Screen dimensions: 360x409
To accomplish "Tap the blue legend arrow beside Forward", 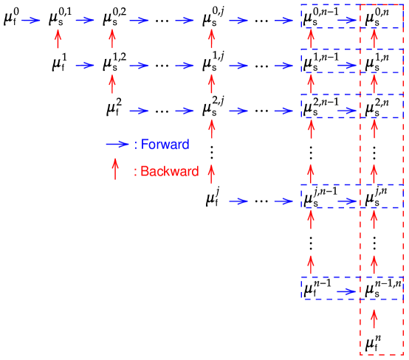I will [x=117, y=145].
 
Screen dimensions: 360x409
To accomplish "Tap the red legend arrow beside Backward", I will [x=115, y=169].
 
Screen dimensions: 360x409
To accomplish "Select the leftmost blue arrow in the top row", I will [x=31, y=21].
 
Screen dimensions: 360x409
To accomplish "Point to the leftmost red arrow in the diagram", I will [x=58, y=38].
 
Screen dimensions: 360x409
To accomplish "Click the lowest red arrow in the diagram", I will [x=374, y=318].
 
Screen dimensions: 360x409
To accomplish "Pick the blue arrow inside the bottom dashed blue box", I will [x=347, y=292].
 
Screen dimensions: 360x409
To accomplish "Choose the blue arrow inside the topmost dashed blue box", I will [x=347, y=21].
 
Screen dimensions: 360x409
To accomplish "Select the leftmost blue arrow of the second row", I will [x=85, y=66].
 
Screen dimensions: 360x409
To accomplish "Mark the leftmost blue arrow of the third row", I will [x=140, y=111].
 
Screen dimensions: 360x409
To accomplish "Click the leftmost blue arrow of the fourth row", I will [x=238, y=201].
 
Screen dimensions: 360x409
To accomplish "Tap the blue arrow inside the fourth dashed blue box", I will [x=347, y=201].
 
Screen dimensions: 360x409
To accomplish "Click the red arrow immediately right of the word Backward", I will [x=211, y=174].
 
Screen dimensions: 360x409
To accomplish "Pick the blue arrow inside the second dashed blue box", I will [x=347, y=66].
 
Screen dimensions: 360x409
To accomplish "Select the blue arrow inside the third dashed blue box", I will [x=347, y=111].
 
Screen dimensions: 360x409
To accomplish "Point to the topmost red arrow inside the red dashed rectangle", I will [x=374, y=38].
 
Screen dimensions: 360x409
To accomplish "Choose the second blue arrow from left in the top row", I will [x=85, y=21].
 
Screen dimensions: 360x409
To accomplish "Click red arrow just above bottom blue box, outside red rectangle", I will [x=311, y=264].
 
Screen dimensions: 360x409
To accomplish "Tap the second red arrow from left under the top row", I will [x=112, y=38].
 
